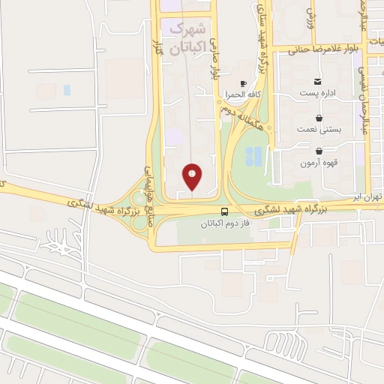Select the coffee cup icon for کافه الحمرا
point(243,83)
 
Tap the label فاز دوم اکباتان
point(226,223)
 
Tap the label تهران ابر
point(367,196)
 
